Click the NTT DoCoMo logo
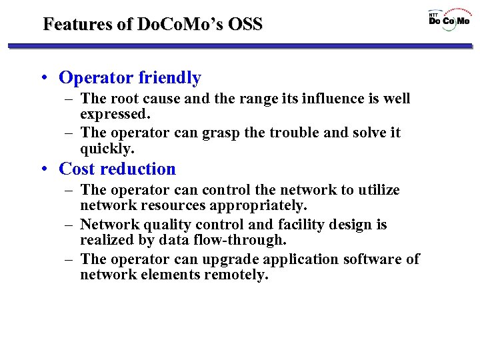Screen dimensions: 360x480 tap(449, 19)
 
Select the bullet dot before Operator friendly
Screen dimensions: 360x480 tap(44, 79)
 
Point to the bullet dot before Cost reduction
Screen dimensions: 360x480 tap(44, 169)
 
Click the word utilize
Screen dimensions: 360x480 tap(379, 190)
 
